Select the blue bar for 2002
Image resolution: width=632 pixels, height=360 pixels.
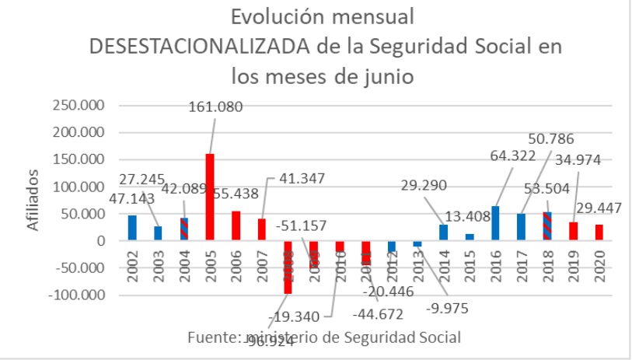tap(132, 228)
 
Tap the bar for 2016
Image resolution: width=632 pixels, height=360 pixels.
tap(495, 223)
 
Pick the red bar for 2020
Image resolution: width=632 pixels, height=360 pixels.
tap(599, 232)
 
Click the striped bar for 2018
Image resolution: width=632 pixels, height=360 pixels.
tap(547, 226)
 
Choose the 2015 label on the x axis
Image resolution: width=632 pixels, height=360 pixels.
tap(470, 264)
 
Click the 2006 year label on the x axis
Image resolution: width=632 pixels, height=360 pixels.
tap(236, 264)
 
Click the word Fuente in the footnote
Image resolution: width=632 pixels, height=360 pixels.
tap(213, 337)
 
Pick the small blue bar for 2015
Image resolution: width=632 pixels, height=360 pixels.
tap(470, 237)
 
